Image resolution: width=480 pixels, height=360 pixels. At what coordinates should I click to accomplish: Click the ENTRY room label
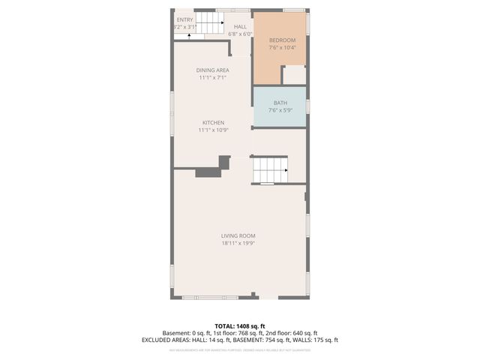[x=184, y=19]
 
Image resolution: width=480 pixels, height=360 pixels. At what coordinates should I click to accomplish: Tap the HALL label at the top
[x=240, y=26]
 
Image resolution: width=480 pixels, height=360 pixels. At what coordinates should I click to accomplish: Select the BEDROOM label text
[x=282, y=40]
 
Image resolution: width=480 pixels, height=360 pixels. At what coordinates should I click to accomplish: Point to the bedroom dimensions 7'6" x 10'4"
[x=282, y=47]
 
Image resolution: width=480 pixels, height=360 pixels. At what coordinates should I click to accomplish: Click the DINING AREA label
[x=213, y=70]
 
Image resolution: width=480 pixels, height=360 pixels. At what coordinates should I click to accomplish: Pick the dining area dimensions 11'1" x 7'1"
[x=213, y=77]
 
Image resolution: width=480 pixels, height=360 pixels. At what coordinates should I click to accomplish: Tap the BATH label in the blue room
[x=280, y=103]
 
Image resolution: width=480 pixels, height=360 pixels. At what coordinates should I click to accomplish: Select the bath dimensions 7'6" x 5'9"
[x=280, y=110]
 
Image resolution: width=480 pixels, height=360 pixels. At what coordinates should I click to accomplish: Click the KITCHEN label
[x=213, y=122]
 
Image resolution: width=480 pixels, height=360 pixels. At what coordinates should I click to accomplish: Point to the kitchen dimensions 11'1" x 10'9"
[x=213, y=130]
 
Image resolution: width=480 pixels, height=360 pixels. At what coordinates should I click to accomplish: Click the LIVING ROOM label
[x=238, y=235]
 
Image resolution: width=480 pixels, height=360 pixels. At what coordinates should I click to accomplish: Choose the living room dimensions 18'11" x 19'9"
[x=238, y=243]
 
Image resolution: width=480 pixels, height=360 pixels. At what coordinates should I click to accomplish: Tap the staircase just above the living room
[x=268, y=170]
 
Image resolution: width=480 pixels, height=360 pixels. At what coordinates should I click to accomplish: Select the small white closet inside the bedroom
[x=294, y=75]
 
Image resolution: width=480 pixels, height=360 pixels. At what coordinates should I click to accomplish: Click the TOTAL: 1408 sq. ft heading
[x=239, y=326]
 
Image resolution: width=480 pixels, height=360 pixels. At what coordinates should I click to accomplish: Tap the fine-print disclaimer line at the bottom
[x=239, y=349]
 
